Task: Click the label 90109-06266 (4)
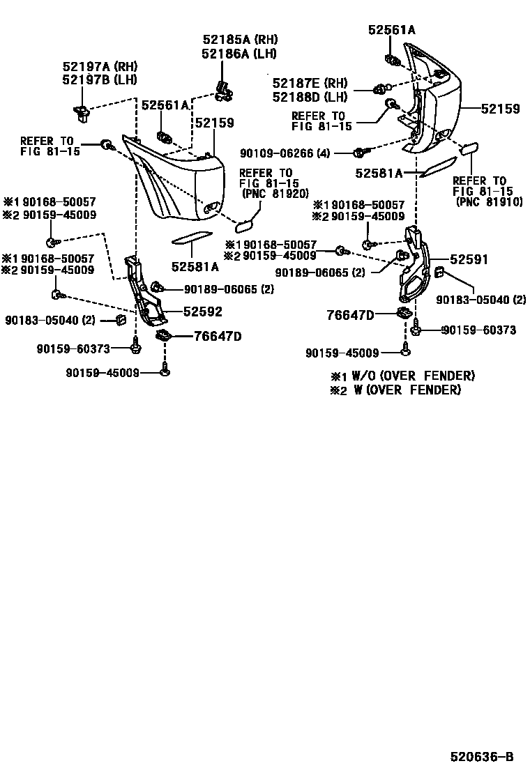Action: (285, 153)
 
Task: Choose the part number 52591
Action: (469, 259)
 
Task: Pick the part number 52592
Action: (203, 313)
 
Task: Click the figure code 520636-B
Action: (481, 756)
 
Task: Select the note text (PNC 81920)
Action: (275, 193)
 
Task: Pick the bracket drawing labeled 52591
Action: (416, 268)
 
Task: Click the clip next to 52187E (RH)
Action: (381, 89)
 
